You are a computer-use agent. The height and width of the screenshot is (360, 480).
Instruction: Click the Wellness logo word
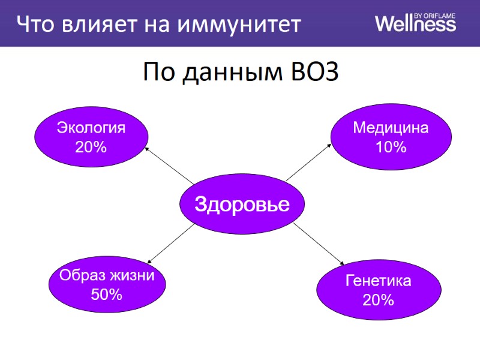[x=415, y=25]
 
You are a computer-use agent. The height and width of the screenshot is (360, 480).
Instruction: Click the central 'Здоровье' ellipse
[x=242, y=205]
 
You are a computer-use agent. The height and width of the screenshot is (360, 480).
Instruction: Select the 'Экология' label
[x=91, y=128]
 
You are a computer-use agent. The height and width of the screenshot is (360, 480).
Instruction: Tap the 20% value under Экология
[x=91, y=146]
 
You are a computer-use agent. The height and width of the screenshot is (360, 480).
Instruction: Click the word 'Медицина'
[x=391, y=128]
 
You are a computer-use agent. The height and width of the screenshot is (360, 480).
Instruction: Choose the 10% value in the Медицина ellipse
[x=391, y=147]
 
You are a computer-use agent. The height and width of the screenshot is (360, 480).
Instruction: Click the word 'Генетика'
[x=378, y=281]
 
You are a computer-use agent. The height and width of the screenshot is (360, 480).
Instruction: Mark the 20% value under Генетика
[x=378, y=299]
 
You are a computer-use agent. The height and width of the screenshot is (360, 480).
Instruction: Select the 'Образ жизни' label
[x=107, y=275]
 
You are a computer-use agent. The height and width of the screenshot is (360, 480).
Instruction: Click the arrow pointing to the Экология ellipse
[x=169, y=166]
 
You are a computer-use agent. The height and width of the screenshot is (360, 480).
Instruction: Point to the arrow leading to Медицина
[x=309, y=162]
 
